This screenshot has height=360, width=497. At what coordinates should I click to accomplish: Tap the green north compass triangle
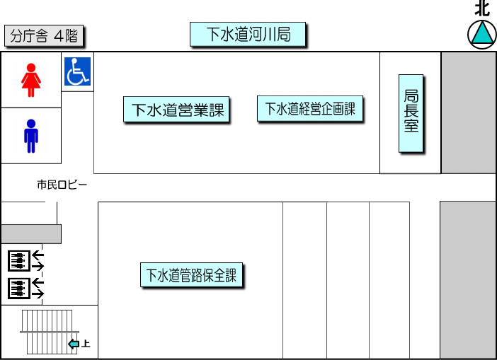[x=482, y=34]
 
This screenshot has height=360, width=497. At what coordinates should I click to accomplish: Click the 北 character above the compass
[x=482, y=8]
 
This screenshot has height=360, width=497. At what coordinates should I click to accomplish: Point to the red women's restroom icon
[x=30, y=80]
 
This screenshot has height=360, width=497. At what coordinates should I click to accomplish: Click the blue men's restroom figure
[x=30, y=136]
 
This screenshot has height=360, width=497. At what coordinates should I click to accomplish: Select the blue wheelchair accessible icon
[x=77, y=72]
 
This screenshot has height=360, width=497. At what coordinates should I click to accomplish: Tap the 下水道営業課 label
[x=177, y=110]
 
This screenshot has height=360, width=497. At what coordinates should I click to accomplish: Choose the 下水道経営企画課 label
[x=310, y=109]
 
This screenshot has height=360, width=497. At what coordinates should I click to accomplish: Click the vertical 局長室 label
[x=411, y=113]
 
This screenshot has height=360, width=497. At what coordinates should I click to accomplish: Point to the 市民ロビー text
[x=62, y=185]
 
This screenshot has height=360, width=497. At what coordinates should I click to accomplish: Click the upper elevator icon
[x=18, y=261]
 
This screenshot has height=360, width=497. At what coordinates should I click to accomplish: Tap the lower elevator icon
[x=18, y=288]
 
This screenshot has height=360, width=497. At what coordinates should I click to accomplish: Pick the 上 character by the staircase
[x=86, y=344]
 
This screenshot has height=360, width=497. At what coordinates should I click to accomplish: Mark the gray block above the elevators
[x=30, y=234]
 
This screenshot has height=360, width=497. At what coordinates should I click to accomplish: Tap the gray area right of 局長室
[x=468, y=112]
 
